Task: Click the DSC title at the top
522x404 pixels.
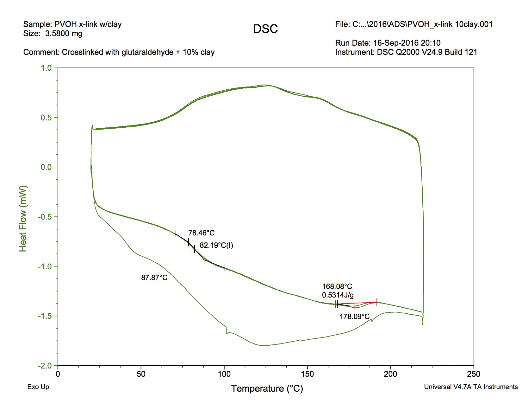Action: coord(265,29)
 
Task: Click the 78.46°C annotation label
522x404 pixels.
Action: coord(201,233)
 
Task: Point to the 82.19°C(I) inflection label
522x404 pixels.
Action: coord(216,246)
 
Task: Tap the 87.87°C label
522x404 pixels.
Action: coord(154,278)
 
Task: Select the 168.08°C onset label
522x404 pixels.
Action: coord(337,286)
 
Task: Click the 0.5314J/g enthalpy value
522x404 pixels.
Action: coord(338,295)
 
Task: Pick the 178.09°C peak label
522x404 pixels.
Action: coord(354,317)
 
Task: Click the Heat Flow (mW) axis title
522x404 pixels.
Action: coord(23,219)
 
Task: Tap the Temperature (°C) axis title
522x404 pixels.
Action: coord(267,388)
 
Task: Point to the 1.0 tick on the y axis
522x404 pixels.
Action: coord(46,68)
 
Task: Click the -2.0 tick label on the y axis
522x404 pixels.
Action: coord(45,366)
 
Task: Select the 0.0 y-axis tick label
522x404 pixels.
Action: coord(46,167)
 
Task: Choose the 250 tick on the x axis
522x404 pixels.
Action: coord(474,374)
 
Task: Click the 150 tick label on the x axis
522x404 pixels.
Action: coord(307,374)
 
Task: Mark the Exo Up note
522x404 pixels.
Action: coord(38,387)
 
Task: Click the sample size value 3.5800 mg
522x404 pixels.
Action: coord(64,34)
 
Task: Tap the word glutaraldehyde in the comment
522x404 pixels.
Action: coord(147,52)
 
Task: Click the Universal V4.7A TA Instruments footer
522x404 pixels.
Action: coord(471,387)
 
